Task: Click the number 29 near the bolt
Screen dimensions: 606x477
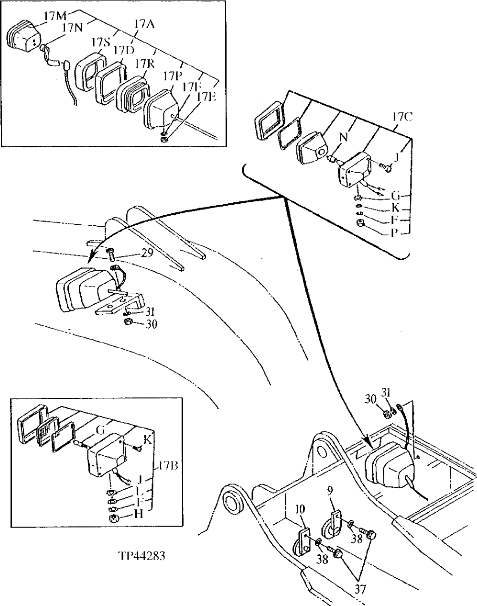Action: pos(147,253)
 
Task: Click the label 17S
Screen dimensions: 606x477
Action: pos(100,43)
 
